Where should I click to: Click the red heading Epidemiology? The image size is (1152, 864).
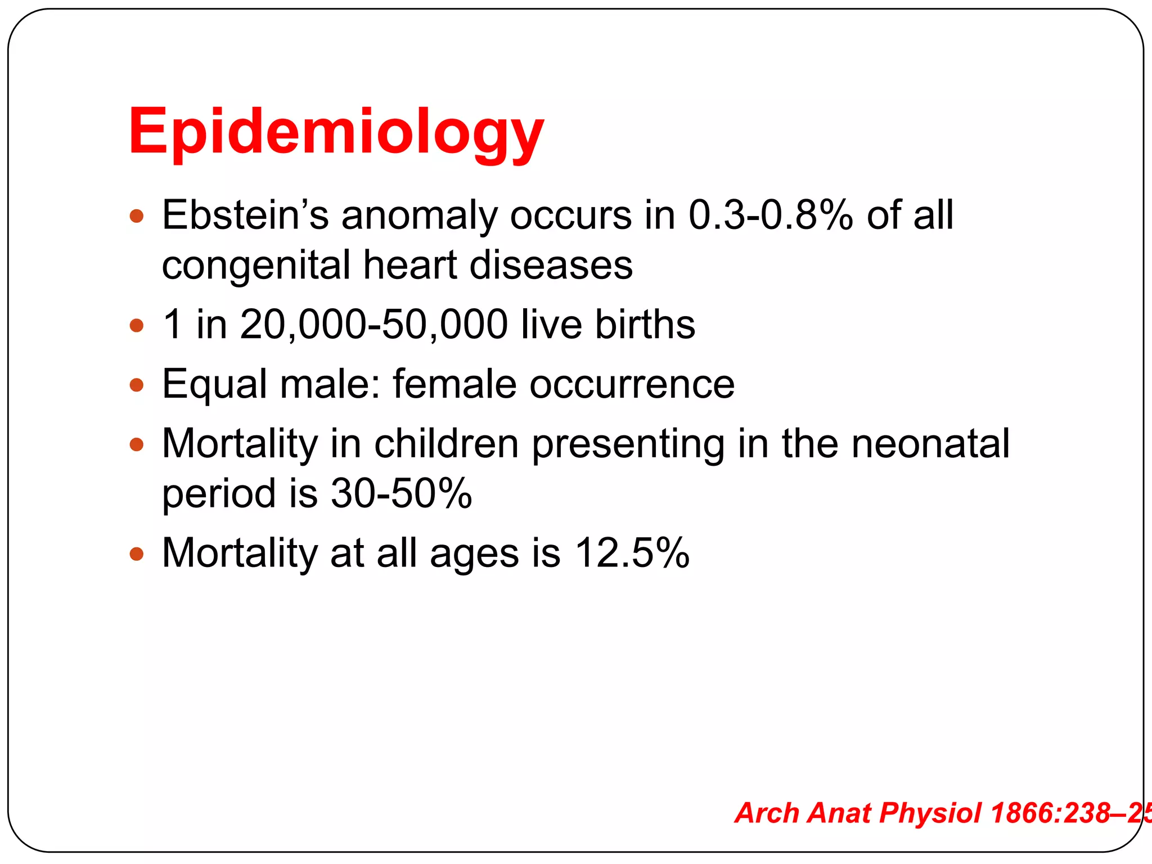336,133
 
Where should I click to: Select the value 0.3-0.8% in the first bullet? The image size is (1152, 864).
770,215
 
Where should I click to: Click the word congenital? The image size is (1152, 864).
256,265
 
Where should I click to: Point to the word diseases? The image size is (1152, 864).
551,265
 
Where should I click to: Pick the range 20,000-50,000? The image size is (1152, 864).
373,325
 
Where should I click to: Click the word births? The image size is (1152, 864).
645,325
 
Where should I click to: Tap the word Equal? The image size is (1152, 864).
214,384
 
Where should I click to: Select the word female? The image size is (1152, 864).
454,384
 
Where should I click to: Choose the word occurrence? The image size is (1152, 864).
632,384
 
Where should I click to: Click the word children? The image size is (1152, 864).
446,444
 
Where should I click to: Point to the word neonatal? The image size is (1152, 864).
930,444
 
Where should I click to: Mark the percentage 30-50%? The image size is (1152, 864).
401,493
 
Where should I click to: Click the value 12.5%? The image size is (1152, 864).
632,553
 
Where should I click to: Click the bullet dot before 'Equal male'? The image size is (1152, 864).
137,385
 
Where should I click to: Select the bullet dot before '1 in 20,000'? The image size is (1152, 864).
137,326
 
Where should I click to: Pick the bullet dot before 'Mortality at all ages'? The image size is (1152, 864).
137,554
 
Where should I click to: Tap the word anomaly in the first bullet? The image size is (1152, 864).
419,215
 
